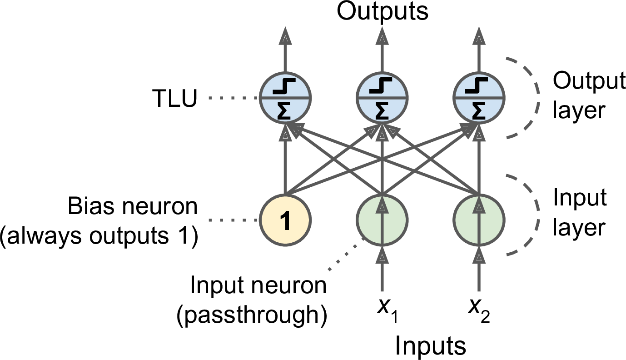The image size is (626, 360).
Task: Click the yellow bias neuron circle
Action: tap(285, 221)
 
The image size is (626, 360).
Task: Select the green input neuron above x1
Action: tap(382, 221)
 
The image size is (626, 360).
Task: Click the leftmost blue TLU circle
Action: tap(285, 98)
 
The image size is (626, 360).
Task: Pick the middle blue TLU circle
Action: tap(382, 98)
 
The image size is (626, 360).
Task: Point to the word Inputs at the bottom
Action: tap(430, 346)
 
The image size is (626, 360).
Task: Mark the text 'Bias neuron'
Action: tap(133, 207)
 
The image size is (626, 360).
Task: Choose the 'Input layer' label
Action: tap(579, 213)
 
